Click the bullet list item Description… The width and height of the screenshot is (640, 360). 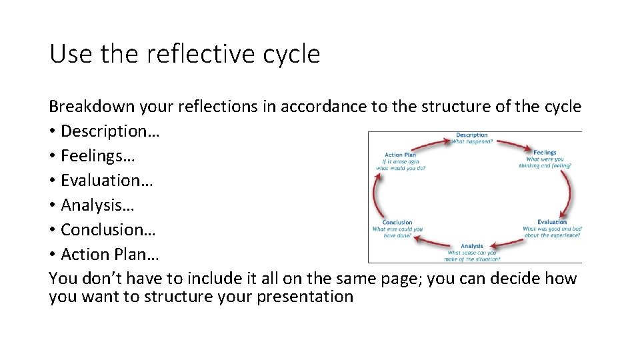pos(109,131)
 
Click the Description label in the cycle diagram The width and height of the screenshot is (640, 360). pos(471,135)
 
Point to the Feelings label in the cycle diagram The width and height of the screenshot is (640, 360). pos(544,153)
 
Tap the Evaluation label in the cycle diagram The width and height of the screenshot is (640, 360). pos(551,222)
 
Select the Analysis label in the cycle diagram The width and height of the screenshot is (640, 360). pos(472,247)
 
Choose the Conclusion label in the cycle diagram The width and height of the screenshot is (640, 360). pos(397,222)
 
